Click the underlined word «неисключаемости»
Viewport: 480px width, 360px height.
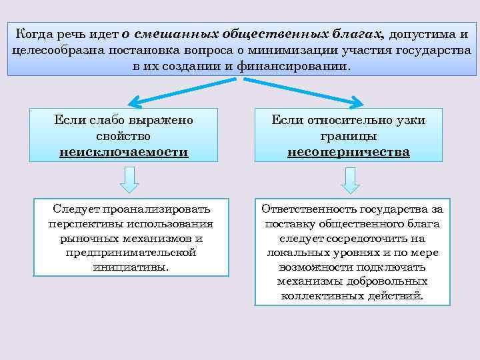(124, 152)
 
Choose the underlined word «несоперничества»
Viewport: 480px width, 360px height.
(348, 152)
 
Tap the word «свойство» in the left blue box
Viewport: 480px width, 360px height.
(124, 136)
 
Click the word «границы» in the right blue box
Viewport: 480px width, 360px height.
(348, 136)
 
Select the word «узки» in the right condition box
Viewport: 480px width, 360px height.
(411, 120)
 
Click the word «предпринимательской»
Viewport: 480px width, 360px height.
(131, 253)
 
